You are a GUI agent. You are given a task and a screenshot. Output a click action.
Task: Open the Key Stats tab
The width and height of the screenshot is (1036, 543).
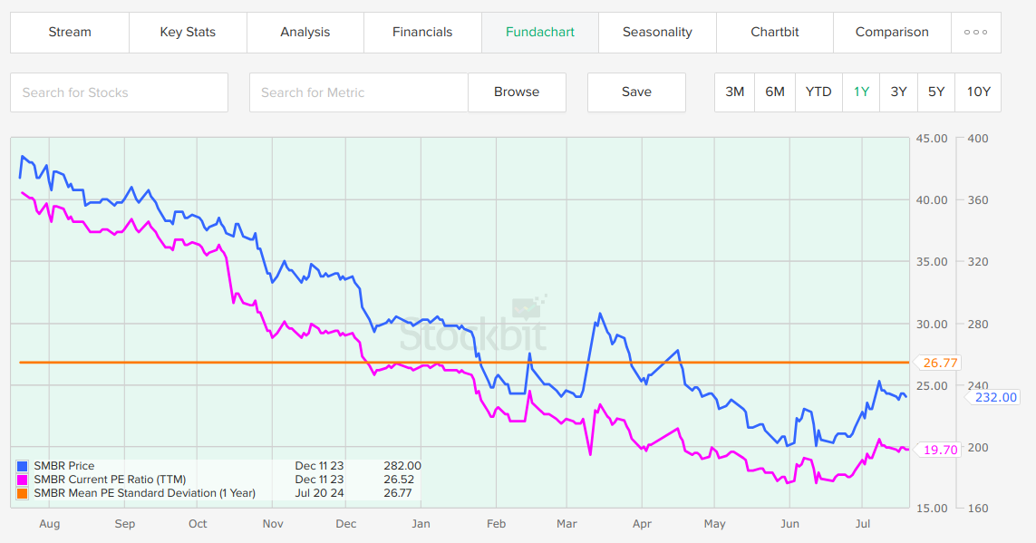188,32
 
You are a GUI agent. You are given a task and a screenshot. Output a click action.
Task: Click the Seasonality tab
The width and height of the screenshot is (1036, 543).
657,32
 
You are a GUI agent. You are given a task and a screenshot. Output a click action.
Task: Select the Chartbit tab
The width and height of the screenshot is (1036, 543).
775,32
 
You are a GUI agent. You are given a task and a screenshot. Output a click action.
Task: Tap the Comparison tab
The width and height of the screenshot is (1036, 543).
892,32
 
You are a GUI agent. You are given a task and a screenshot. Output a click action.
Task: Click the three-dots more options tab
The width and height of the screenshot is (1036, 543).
976,32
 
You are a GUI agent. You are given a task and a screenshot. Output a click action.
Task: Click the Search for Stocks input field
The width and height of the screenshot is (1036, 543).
119,92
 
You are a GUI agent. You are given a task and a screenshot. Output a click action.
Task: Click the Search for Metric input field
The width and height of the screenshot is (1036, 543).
359,92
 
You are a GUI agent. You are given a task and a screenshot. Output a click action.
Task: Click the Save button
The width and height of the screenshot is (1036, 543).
636,92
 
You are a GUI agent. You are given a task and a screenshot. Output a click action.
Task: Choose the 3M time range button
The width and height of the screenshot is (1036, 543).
734,92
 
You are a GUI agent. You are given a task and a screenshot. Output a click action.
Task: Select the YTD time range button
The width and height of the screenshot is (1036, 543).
818,92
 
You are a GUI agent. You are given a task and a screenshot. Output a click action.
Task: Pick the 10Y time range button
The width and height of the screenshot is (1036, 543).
979,92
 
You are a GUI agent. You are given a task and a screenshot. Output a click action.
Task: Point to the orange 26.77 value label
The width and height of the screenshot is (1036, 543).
940,363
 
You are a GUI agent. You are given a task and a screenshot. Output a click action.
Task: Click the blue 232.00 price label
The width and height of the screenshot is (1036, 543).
994,397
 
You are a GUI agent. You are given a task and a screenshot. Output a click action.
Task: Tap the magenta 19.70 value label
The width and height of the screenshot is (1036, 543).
940,450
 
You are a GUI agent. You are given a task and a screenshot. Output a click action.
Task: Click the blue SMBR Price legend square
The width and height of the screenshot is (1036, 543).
23,466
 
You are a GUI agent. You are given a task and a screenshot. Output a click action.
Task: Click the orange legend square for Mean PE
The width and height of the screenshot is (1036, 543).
23,493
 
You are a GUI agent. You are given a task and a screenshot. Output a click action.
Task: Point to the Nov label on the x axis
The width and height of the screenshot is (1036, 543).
273,524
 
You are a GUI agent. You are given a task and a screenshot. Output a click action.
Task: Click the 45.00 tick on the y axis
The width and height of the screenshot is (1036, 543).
933,139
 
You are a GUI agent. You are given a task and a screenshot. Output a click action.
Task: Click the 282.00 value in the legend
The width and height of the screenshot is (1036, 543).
403,466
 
